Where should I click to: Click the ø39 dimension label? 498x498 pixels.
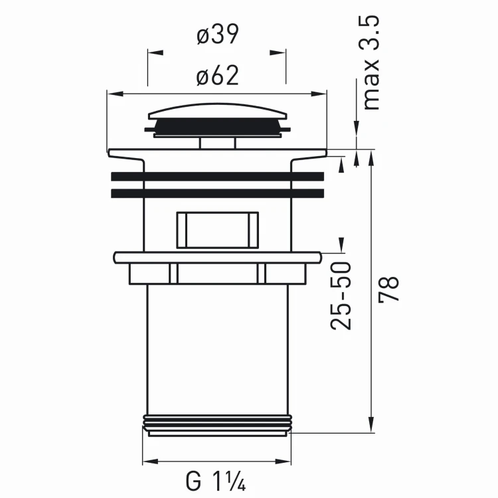218,35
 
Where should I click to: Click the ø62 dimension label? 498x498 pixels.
218,76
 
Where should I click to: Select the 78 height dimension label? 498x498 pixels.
388,289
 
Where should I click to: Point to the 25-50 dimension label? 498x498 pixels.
341,296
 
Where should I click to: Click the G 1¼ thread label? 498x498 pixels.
216,481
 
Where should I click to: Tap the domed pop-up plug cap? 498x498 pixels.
218,111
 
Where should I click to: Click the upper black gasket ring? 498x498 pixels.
218,177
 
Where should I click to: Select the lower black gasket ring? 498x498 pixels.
218,193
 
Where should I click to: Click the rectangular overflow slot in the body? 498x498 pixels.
218,230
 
